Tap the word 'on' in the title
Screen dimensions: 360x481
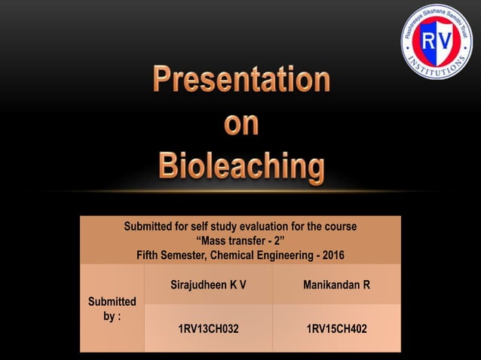click(241, 123)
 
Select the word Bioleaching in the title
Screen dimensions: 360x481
click(241, 166)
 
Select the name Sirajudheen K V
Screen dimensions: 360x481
click(208, 285)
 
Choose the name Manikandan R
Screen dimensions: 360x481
click(336, 285)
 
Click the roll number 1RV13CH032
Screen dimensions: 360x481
click(208, 329)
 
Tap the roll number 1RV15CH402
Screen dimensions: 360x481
click(336, 329)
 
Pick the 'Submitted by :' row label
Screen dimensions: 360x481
click(112, 309)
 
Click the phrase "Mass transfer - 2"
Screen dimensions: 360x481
click(240, 241)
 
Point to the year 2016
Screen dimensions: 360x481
click(332, 255)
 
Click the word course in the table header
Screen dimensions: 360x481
click(339, 227)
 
